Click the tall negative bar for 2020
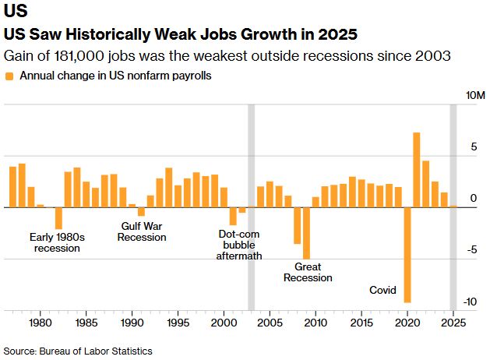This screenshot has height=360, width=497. tap(407, 255)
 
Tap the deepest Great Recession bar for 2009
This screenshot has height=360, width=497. tap(306, 233)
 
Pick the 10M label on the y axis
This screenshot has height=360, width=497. tap(474, 95)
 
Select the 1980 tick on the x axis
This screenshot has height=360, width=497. tap(41, 322)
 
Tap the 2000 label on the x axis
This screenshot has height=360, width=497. tap(224, 322)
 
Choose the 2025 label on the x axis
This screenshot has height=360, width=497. tap(453, 322)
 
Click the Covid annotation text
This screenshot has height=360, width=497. tap(382, 291)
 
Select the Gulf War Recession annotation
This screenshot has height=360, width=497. tap(142, 231)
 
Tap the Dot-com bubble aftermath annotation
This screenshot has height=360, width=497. tap(239, 244)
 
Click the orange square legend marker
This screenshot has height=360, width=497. tap(9, 76)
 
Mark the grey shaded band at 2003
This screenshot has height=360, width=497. tap(251, 207)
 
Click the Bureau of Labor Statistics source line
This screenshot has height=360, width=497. tap(78, 351)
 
